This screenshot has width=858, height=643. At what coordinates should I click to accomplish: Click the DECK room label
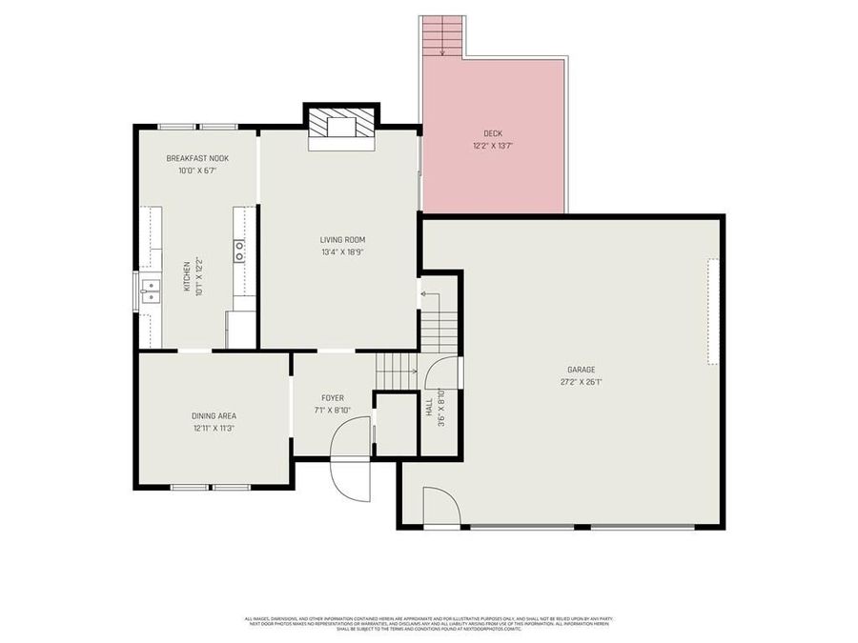coord(493,133)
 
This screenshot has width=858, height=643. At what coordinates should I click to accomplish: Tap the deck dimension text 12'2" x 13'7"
coord(493,146)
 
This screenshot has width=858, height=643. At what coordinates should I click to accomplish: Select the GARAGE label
coord(581,370)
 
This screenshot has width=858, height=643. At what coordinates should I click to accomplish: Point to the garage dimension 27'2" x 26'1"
coord(581,382)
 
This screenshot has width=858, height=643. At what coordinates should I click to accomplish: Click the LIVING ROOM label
coord(342,240)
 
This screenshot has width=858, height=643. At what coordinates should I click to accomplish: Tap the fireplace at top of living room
coord(341,128)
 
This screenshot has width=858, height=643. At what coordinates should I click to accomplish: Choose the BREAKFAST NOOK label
coord(197,158)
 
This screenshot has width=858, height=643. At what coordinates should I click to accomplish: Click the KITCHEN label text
coord(187,276)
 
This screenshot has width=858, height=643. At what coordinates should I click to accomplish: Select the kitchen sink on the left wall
coord(150,291)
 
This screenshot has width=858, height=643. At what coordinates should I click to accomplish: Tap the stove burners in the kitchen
coord(239,251)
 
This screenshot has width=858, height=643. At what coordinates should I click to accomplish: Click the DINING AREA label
coord(214,415)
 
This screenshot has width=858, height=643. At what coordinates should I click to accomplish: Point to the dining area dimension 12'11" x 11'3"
coord(214,428)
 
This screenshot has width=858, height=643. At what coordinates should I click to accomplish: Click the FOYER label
coord(333,398)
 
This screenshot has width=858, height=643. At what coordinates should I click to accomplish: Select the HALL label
coord(430,407)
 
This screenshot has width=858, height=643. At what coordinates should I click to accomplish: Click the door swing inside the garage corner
coord(439,506)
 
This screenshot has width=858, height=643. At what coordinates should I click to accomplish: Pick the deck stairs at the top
coord(442,35)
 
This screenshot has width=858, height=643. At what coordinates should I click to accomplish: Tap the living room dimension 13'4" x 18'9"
coord(342,252)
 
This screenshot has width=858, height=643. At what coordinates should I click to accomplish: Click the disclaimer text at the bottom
coord(428,623)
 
